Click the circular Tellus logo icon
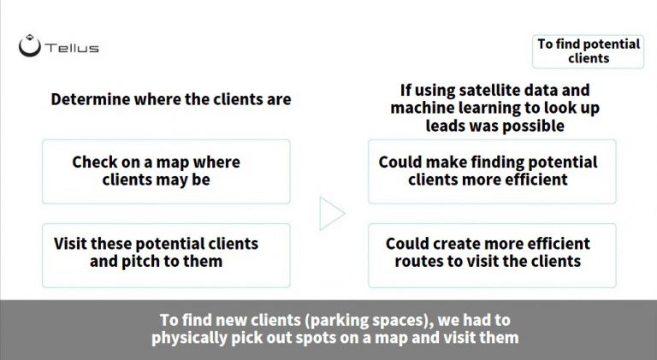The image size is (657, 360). [x=29, y=55]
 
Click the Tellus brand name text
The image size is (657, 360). [x=72, y=48]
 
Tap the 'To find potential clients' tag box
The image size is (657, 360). [x=588, y=51]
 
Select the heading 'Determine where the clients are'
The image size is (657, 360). [x=171, y=100]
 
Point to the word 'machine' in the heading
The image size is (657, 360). [x=423, y=108]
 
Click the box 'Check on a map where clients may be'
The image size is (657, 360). [x=166, y=172]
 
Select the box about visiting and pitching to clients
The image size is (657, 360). [x=166, y=256]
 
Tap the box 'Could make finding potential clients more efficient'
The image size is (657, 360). [x=492, y=172]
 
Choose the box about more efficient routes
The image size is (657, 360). [x=492, y=256]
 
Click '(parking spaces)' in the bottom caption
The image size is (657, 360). [x=370, y=320]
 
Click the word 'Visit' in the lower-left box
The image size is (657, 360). [x=70, y=244]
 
